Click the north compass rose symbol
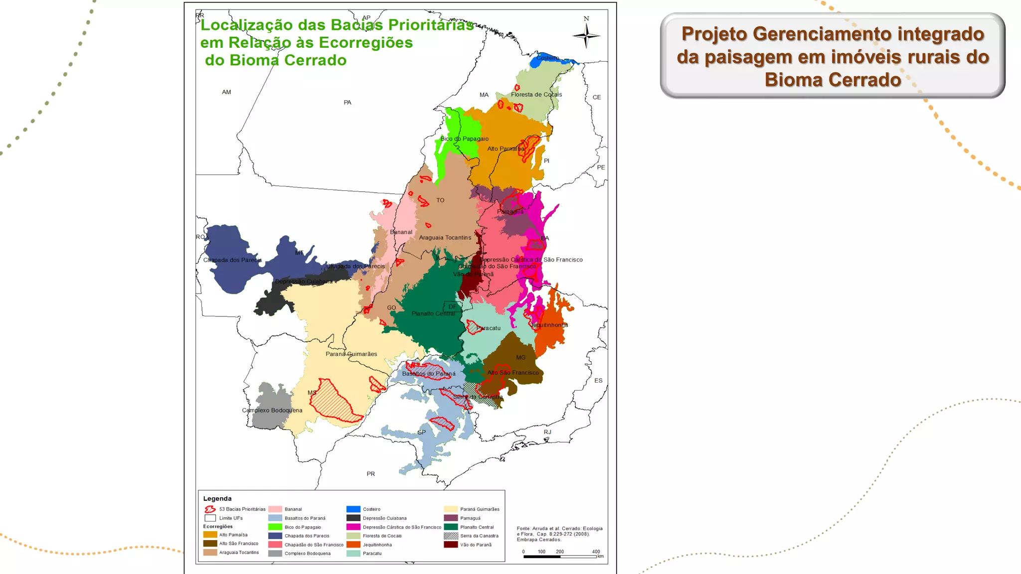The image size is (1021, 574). pyautogui.click(x=586, y=35)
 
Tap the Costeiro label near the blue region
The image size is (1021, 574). pyautogui.click(x=547, y=58)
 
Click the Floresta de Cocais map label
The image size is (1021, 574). pyautogui.click(x=536, y=95)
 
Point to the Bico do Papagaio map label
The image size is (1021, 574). pyautogui.click(x=464, y=139)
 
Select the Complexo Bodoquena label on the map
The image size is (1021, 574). pyautogui.click(x=272, y=411)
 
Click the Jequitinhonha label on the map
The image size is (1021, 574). pyautogui.click(x=549, y=325)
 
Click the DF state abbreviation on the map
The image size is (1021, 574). pyautogui.click(x=452, y=307)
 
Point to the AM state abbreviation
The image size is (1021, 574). pyautogui.click(x=226, y=92)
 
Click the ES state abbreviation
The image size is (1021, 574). pyautogui.click(x=598, y=381)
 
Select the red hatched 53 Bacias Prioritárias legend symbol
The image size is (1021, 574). pyautogui.click(x=210, y=509)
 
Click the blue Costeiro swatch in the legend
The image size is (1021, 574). pyautogui.click(x=353, y=509)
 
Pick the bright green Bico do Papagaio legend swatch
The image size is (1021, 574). pyautogui.click(x=275, y=527)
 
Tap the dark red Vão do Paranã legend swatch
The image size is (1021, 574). pyautogui.click(x=451, y=545)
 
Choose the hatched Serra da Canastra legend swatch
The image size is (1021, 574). pyautogui.click(x=451, y=536)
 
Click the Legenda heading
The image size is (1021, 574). pyautogui.click(x=217, y=499)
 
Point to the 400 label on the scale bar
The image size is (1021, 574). pyautogui.click(x=596, y=552)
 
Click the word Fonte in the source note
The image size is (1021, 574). pyautogui.click(x=523, y=529)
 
